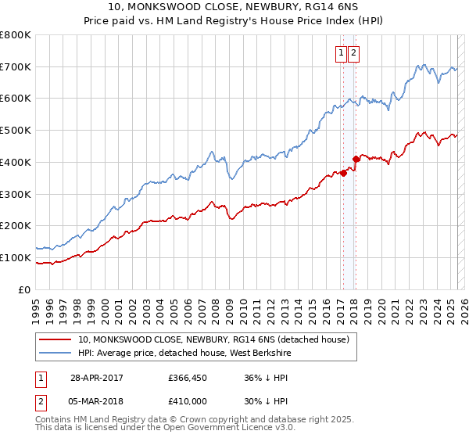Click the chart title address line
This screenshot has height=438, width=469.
click(234, 7)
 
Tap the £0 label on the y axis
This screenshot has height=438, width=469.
click(25, 289)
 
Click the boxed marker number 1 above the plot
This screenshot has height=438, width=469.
click(342, 53)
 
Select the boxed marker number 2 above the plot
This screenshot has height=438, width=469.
click(353, 53)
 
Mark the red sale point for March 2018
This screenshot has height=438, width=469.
click(356, 159)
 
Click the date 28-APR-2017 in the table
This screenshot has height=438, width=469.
click(97, 378)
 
